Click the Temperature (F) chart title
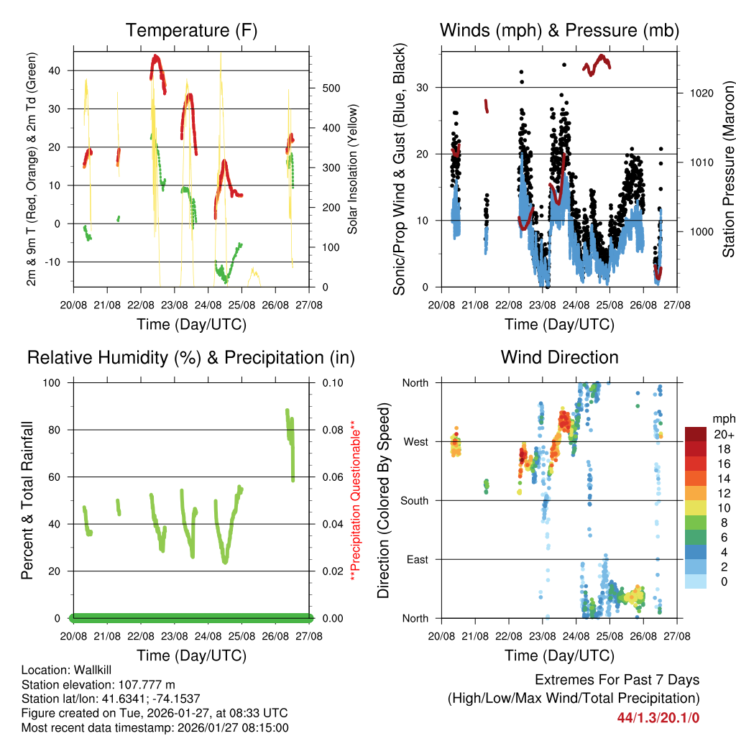tap(191, 30)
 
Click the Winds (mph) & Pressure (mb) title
tap(559, 30)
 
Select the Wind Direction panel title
tap(559, 356)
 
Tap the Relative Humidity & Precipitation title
tap(191, 357)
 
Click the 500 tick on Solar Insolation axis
tap(331, 88)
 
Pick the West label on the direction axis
tap(415, 441)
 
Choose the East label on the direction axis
tap(416, 559)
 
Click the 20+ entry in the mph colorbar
tap(723, 434)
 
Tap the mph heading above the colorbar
tap(723, 418)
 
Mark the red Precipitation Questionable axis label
tap(353, 500)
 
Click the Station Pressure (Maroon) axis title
tap(728, 169)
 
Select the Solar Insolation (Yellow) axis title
tap(353, 169)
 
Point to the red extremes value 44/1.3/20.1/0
tap(658, 717)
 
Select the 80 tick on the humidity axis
tap(57, 430)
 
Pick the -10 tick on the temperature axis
tap(55, 262)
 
